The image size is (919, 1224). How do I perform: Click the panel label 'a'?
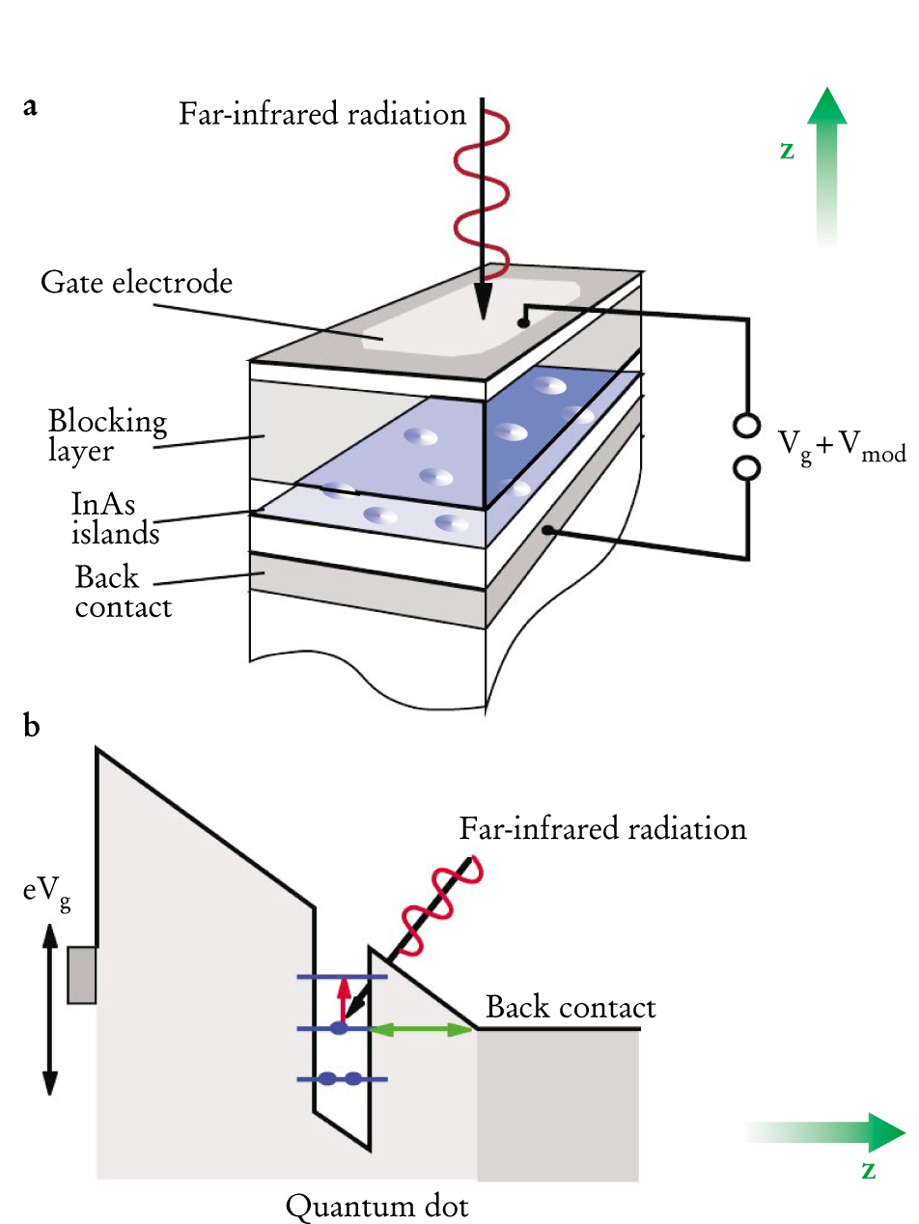tap(31, 107)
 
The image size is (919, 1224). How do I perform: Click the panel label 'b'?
tap(32, 726)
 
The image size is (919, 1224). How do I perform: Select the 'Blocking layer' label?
tap(107, 435)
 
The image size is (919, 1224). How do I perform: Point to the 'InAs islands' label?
tap(115, 517)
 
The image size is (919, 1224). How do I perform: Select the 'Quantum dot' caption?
tap(377, 1206)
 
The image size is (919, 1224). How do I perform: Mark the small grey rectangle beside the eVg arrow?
tap(81, 975)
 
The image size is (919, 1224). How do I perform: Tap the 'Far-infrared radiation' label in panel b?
tap(602, 829)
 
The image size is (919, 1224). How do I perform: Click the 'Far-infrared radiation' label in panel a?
tap(322, 115)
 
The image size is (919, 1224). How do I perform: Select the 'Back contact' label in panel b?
tap(571, 1008)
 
